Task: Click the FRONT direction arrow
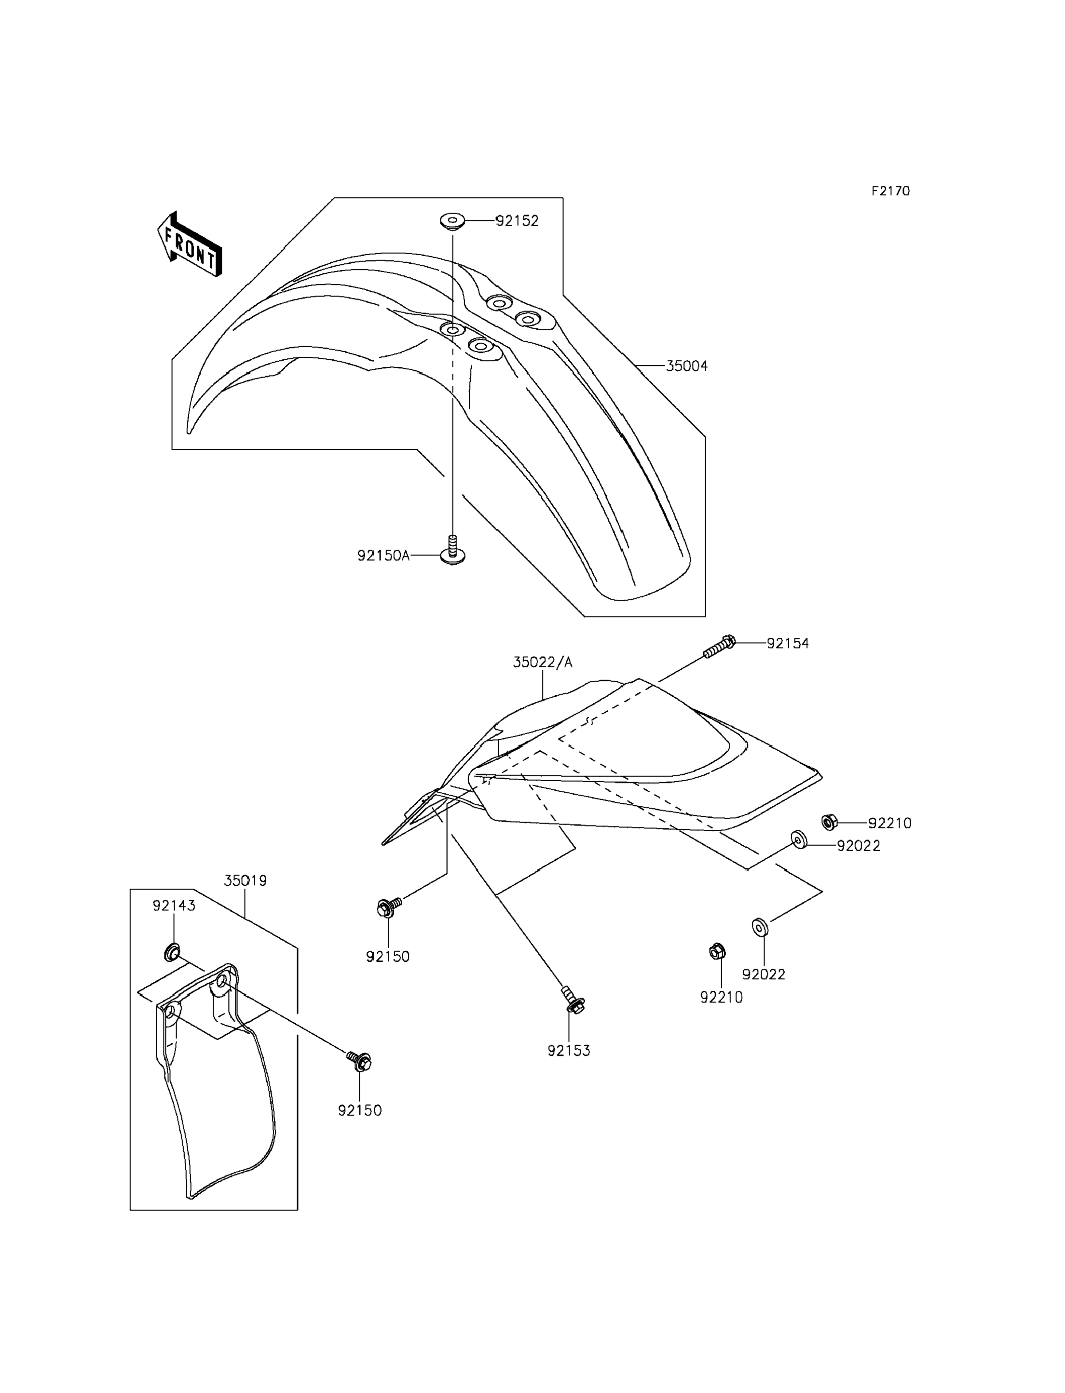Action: coord(189,244)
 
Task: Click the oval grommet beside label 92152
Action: coord(452,222)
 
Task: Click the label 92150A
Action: coord(383,556)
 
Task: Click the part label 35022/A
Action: coord(543,663)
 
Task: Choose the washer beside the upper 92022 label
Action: coord(799,840)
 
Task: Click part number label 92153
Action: coord(569,1051)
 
